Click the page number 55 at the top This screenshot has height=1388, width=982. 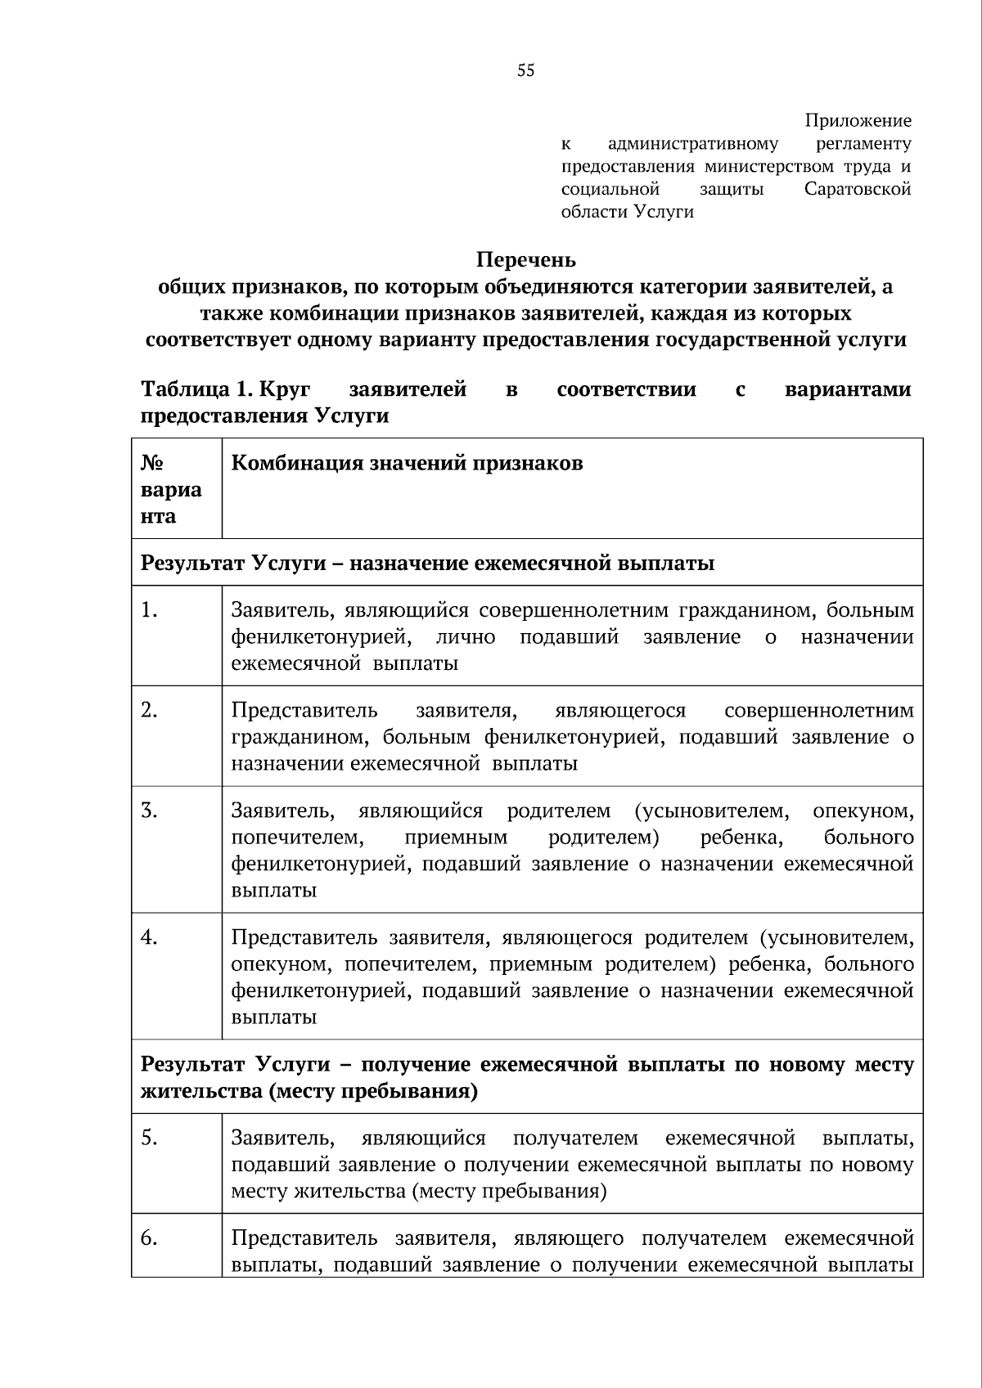click(x=526, y=71)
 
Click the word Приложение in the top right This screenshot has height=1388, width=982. click(x=858, y=121)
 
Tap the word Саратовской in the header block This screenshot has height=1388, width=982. click(x=857, y=189)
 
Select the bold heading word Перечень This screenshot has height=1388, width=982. click(x=526, y=260)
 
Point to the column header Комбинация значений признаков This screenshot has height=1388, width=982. click(x=407, y=463)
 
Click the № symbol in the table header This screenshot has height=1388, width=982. click(x=151, y=463)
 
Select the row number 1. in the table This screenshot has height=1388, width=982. click(x=149, y=610)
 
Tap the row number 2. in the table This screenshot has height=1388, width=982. click(x=149, y=710)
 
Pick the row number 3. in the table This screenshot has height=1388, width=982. click(x=149, y=811)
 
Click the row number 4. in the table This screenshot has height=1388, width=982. click(x=149, y=937)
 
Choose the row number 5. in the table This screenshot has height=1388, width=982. click(x=149, y=1138)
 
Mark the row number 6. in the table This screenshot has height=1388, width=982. click(x=149, y=1238)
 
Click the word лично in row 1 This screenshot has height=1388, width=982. click(x=465, y=637)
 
